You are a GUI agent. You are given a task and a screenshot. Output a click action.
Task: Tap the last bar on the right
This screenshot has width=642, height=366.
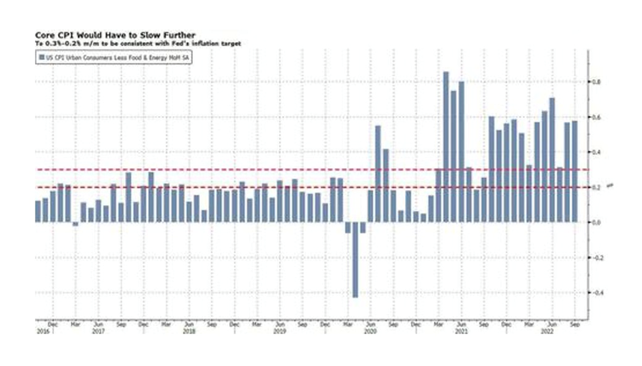(x=575, y=171)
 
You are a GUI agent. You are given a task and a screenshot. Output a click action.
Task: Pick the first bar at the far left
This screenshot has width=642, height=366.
(x=38, y=211)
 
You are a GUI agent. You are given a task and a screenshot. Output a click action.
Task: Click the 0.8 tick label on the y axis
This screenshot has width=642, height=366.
(x=595, y=82)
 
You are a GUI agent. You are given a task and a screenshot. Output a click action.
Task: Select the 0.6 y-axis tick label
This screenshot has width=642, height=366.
(x=595, y=117)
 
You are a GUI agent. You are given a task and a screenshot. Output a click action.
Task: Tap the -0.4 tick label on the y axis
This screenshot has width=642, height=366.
(x=595, y=292)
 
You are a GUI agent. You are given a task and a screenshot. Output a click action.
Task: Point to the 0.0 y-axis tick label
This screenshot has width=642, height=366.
(x=595, y=222)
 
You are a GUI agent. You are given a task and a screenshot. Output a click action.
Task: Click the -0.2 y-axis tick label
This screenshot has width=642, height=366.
(x=595, y=257)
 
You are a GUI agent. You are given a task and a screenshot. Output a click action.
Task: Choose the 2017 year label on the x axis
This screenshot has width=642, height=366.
(x=97, y=332)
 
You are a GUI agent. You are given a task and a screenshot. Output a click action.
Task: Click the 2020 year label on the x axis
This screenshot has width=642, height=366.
(x=369, y=332)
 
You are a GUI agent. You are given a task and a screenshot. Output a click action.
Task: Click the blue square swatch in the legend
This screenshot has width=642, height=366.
(x=41, y=59)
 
